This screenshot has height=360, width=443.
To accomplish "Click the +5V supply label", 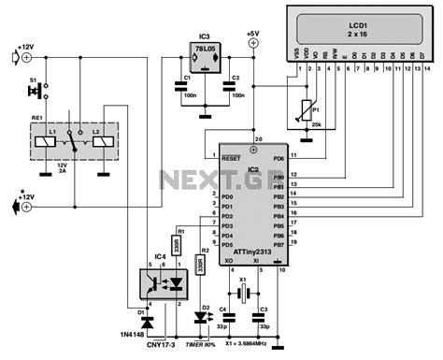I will point(252,34).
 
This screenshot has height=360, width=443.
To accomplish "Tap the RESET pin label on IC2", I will point(232,160).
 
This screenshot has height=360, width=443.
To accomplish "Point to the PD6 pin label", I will point(278,160).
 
